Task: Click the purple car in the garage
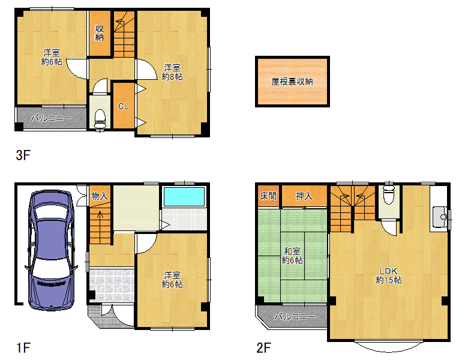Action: (x=51, y=250)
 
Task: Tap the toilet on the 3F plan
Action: (x=100, y=119)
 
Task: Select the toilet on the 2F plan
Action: (x=389, y=194)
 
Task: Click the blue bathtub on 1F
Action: (x=184, y=196)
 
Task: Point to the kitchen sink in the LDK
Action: (x=440, y=217)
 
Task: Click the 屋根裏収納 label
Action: (x=292, y=82)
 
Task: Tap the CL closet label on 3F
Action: (x=123, y=106)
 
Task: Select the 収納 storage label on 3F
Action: (x=99, y=33)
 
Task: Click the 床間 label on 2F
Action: (x=268, y=196)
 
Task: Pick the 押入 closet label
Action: (x=304, y=196)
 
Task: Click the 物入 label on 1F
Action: (x=100, y=196)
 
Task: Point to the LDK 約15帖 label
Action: (x=389, y=275)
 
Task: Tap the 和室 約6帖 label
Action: (x=292, y=256)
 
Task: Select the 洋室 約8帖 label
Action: (x=172, y=72)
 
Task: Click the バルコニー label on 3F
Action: (x=52, y=118)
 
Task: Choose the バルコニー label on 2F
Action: (x=295, y=316)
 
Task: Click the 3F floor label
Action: (x=23, y=155)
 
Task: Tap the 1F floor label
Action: (x=23, y=348)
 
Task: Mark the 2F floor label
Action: (x=263, y=348)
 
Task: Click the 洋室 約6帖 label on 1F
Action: (x=172, y=280)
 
